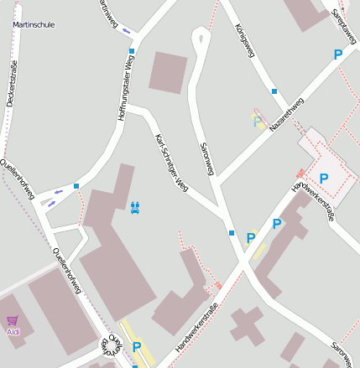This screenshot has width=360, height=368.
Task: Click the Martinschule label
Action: click(34, 25)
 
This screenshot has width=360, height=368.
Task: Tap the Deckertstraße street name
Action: click(12, 81)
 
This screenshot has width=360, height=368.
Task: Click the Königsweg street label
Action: click(243, 40)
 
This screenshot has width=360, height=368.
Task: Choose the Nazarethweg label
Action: click(286, 114)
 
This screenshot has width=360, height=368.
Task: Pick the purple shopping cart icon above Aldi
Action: click(13, 320)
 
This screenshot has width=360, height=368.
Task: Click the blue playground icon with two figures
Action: click(135, 205)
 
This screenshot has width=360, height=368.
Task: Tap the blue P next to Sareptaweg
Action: click(338, 54)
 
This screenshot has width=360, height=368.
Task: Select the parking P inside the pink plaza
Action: click(323, 178)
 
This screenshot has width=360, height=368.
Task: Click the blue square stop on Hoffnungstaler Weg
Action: click(132, 51)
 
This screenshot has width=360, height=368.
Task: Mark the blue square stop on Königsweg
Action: click(274, 91)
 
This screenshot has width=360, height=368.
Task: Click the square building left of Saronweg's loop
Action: click(169, 73)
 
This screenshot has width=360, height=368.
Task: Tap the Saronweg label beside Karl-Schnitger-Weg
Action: click(207, 158)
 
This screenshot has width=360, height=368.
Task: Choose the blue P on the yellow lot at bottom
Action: click(137, 345)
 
